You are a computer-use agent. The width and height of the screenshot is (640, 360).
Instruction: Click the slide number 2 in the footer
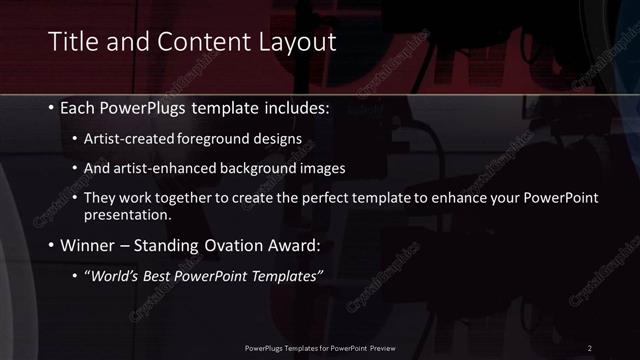point(589,347)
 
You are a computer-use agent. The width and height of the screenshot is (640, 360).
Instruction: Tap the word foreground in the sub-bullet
point(220,138)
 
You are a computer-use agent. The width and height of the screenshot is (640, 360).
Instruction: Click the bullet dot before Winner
point(51,246)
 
